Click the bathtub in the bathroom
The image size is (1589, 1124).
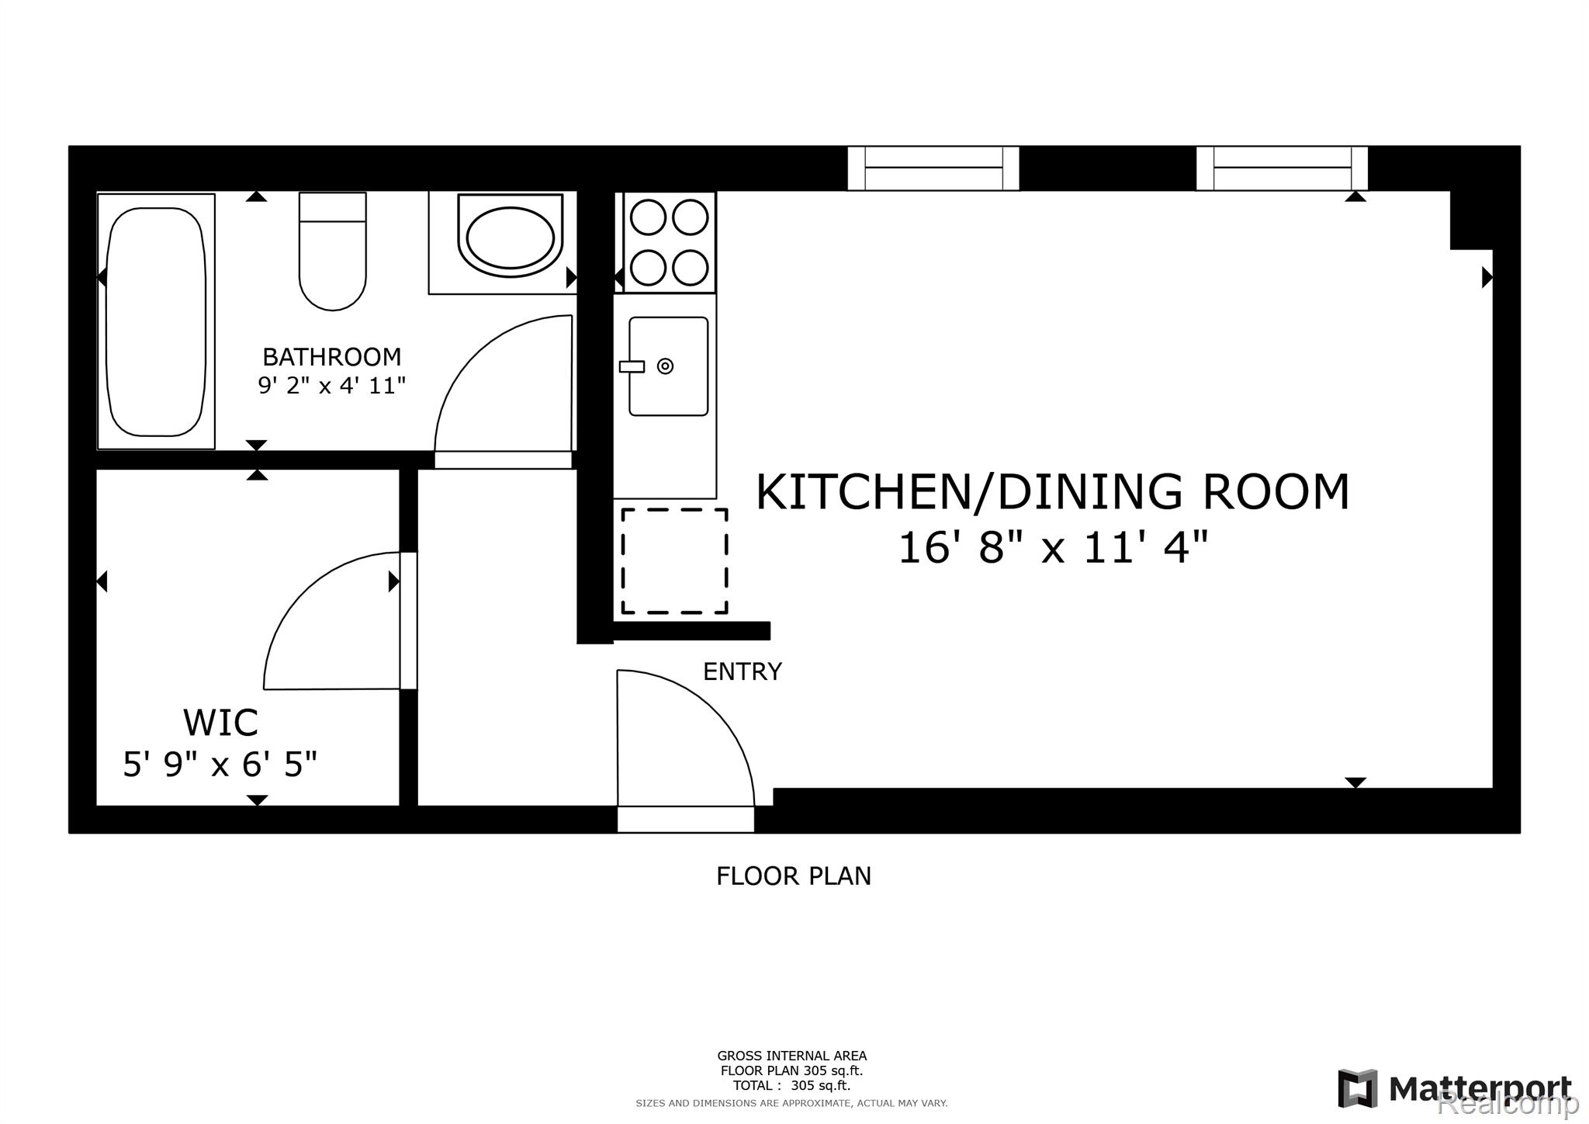[x=156, y=321]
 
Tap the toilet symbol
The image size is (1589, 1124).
[x=333, y=252]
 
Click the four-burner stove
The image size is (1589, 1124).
[x=669, y=242]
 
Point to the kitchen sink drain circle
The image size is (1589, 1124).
[x=666, y=366]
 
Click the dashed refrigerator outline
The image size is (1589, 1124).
[x=674, y=561]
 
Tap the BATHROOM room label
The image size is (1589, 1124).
[x=332, y=357]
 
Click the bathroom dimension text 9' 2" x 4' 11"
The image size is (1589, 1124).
[x=332, y=386]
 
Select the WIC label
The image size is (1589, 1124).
[x=220, y=723]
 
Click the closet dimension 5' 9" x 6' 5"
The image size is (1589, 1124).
[x=220, y=765]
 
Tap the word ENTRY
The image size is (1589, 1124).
[x=742, y=672]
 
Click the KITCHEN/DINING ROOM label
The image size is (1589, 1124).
[x=1053, y=492]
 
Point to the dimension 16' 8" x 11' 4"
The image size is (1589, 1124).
[x=1053, y=549]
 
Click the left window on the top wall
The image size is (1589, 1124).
[x=933, y=168]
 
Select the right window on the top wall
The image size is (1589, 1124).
[x=1282, y=168]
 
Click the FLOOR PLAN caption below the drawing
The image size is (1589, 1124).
[x=794, y=876]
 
